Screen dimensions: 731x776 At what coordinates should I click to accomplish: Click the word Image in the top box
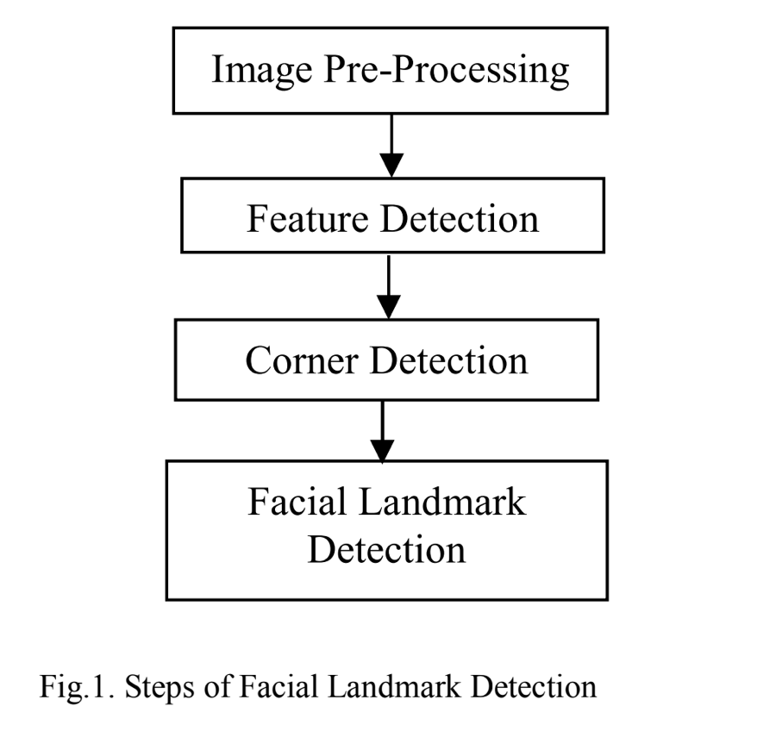point(251,70)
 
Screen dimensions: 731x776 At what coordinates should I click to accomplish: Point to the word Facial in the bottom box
point(297,502)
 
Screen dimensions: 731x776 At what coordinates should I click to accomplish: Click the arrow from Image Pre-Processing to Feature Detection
point(392,142)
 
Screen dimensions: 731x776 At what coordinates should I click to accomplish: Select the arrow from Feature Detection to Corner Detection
point(390,284)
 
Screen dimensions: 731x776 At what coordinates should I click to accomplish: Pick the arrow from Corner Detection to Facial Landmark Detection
point(382,428)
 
